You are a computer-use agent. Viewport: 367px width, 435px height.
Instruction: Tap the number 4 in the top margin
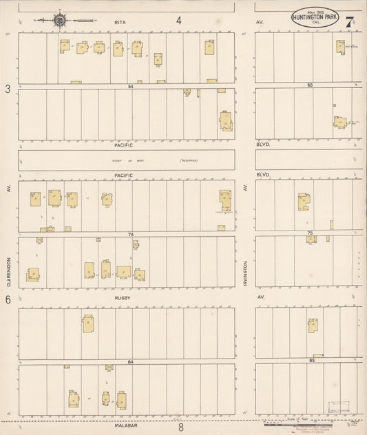click(x=178, y=21)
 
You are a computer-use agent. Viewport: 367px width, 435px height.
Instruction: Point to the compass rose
click(x=60, y=20)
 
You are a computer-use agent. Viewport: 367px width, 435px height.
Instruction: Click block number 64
click(x=130, y=85)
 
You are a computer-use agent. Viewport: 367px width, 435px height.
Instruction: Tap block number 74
click(x=130, y=235)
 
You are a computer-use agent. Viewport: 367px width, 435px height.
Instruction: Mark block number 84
click(x=130, y=361)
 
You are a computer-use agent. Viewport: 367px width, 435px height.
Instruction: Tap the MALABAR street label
click(x=124, y=427)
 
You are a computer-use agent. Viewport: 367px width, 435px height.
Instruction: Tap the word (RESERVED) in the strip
click(x=189, y=160)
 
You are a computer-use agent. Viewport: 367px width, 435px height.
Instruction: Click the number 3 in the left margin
click(x=8, y=89)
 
